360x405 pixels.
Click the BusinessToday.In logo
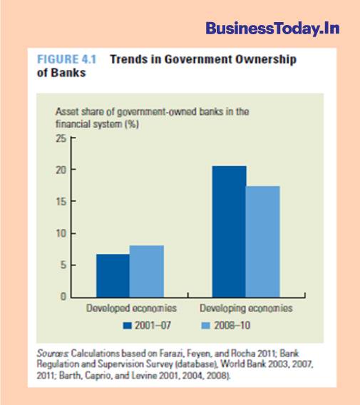[272, 29]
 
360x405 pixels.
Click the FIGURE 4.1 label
[66, 59]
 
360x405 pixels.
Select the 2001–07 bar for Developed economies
[113, 276]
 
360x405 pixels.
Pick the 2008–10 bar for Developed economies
[147, 271]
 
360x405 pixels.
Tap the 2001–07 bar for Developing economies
[229, 232]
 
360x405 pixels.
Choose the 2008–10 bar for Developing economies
[263, 242]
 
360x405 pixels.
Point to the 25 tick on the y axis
[61, 139]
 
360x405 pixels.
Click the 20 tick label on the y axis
[61, 170]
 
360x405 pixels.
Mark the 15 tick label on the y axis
[61, 202]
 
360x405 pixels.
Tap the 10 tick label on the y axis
[61, 233]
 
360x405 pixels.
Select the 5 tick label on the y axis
[63, 265]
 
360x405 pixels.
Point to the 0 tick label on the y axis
[63, 297]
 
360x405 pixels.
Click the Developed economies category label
[131, 308]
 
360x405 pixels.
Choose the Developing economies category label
[246, 309]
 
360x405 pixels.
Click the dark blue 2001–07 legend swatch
[128, 325]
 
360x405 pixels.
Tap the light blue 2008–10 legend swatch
[205, 325]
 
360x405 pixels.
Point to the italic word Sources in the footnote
[53, 353]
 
